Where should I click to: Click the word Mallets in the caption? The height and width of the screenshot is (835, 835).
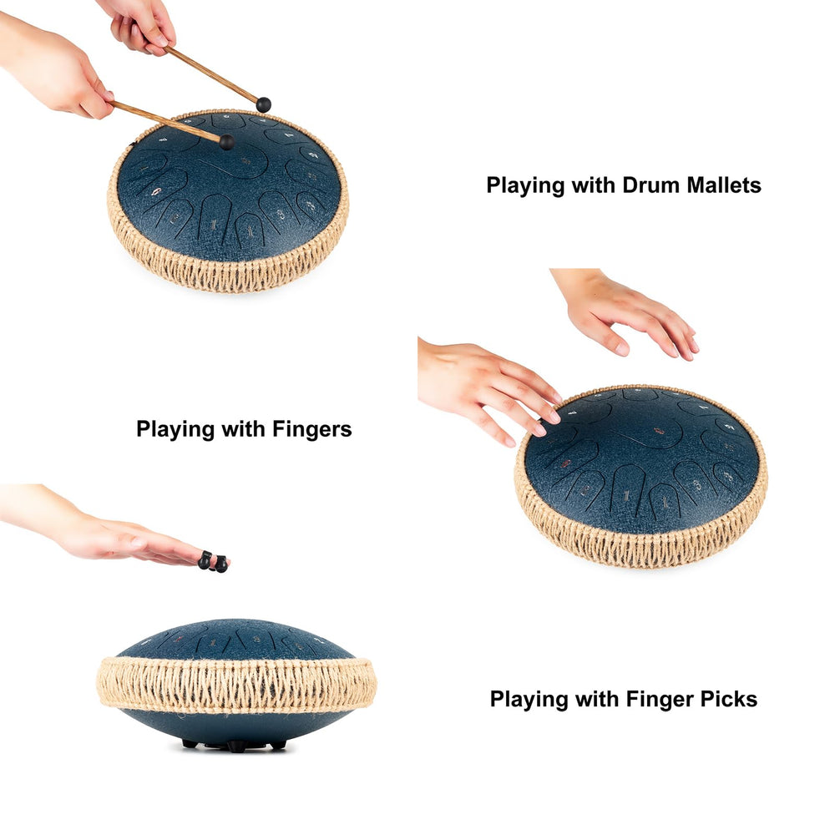point(724,185)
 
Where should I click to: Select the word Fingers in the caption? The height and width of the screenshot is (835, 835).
point(312,429)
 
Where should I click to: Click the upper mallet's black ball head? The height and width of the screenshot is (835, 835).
point(264,104)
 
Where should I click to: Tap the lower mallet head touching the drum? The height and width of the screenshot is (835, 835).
point(226,142)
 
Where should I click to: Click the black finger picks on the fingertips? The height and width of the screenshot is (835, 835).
point(213,562)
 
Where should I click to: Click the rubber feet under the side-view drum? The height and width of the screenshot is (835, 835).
point(235,745)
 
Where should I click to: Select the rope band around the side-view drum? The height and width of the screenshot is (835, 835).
point(236,685)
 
